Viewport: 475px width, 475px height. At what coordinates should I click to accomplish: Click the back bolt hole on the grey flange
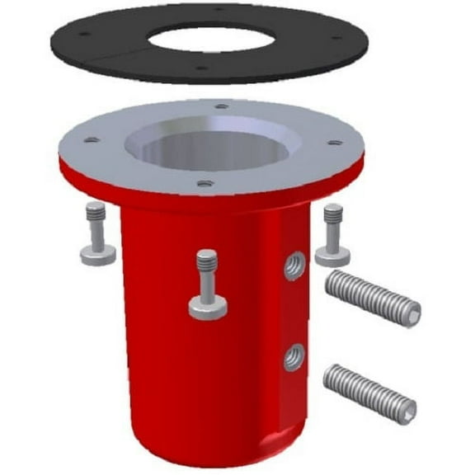point(221,106)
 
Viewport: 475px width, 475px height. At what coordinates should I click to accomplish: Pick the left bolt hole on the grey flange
point(92,140)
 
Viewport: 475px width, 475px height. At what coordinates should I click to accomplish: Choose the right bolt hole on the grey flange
point(334,143)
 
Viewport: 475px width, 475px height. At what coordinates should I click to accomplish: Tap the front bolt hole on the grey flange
point(204,183)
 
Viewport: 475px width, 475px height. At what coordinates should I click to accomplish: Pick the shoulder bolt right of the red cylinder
point(333,233)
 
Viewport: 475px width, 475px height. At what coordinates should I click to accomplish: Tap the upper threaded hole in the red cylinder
point(294,266)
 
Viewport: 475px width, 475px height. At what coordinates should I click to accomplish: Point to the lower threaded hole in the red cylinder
point(294,357)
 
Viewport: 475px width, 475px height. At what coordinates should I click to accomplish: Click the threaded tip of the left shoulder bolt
point(96,212)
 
